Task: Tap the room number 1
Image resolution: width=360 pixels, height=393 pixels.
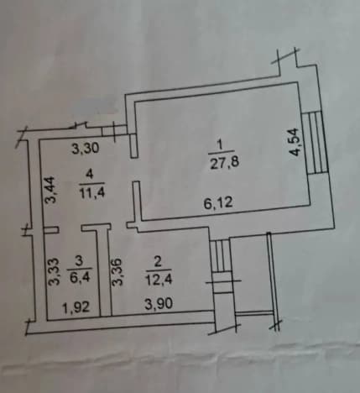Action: (220, 145)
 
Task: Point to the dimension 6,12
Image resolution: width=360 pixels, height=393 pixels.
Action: (218, 202)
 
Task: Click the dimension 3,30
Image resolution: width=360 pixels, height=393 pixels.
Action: (86, 148)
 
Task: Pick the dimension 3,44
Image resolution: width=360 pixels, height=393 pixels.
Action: (52, 189)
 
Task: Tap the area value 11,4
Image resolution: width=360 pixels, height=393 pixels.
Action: (92, 192)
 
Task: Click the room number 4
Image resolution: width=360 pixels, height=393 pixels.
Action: (90, 175)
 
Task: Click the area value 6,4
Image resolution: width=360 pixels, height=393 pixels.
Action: (81, 278)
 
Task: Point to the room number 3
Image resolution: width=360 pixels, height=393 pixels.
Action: (79, 261)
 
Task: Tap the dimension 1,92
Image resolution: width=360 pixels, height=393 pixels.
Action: (76, 307)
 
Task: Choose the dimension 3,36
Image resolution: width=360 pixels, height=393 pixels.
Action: (117, 272)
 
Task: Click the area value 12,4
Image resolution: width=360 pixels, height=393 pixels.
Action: (159, 280)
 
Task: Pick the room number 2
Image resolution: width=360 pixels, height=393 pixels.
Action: (158, 263)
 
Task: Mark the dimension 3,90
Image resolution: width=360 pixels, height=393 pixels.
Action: (159, 304)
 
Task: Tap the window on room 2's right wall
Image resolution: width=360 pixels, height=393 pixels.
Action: (221, 266)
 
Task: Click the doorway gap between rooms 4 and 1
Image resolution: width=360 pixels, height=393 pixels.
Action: (135, 170)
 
